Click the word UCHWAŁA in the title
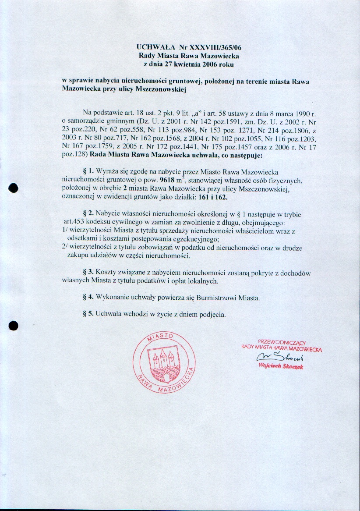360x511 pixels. [x=152, y=47]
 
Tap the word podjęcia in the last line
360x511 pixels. [x=212, y=314]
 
